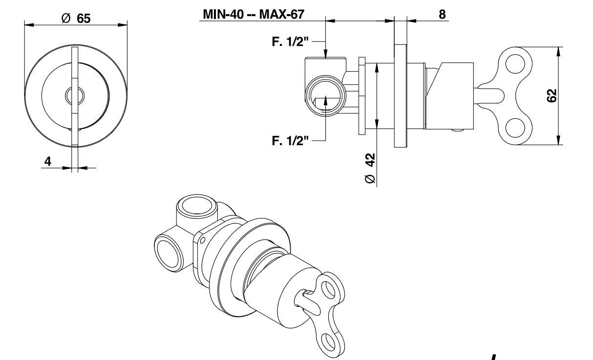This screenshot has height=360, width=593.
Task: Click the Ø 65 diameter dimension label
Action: (x=76, y=18)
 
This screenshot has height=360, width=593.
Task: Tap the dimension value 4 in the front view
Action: (x=48, y=161)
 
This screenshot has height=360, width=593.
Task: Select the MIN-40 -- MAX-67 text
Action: (x=254, y=14)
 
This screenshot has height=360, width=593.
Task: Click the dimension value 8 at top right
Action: (x=442, y=14)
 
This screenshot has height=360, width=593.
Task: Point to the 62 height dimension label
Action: (x=551, y=96)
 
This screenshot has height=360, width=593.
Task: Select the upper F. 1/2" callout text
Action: (x=290, y=42)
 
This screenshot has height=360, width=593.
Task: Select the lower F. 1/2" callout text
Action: (x=290, y=141)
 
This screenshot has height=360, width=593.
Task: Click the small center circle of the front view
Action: (x=75, y=96)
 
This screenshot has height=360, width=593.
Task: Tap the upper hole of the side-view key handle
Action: (x=515, y=64)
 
